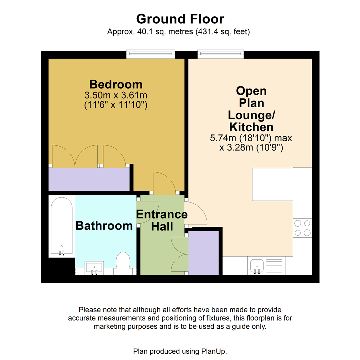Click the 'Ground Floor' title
coord(180,19)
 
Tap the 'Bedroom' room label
coord(116,84)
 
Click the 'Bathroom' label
coord(104,226)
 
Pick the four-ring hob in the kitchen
coord(303,228)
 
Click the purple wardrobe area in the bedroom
coord(89,179)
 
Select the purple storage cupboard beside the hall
coord(203,253)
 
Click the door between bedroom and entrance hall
coord(164,183)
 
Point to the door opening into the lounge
coord(196,213)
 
